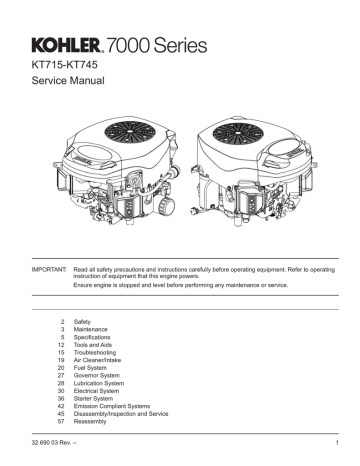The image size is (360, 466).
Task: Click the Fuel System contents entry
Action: click(x=108, y=370)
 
